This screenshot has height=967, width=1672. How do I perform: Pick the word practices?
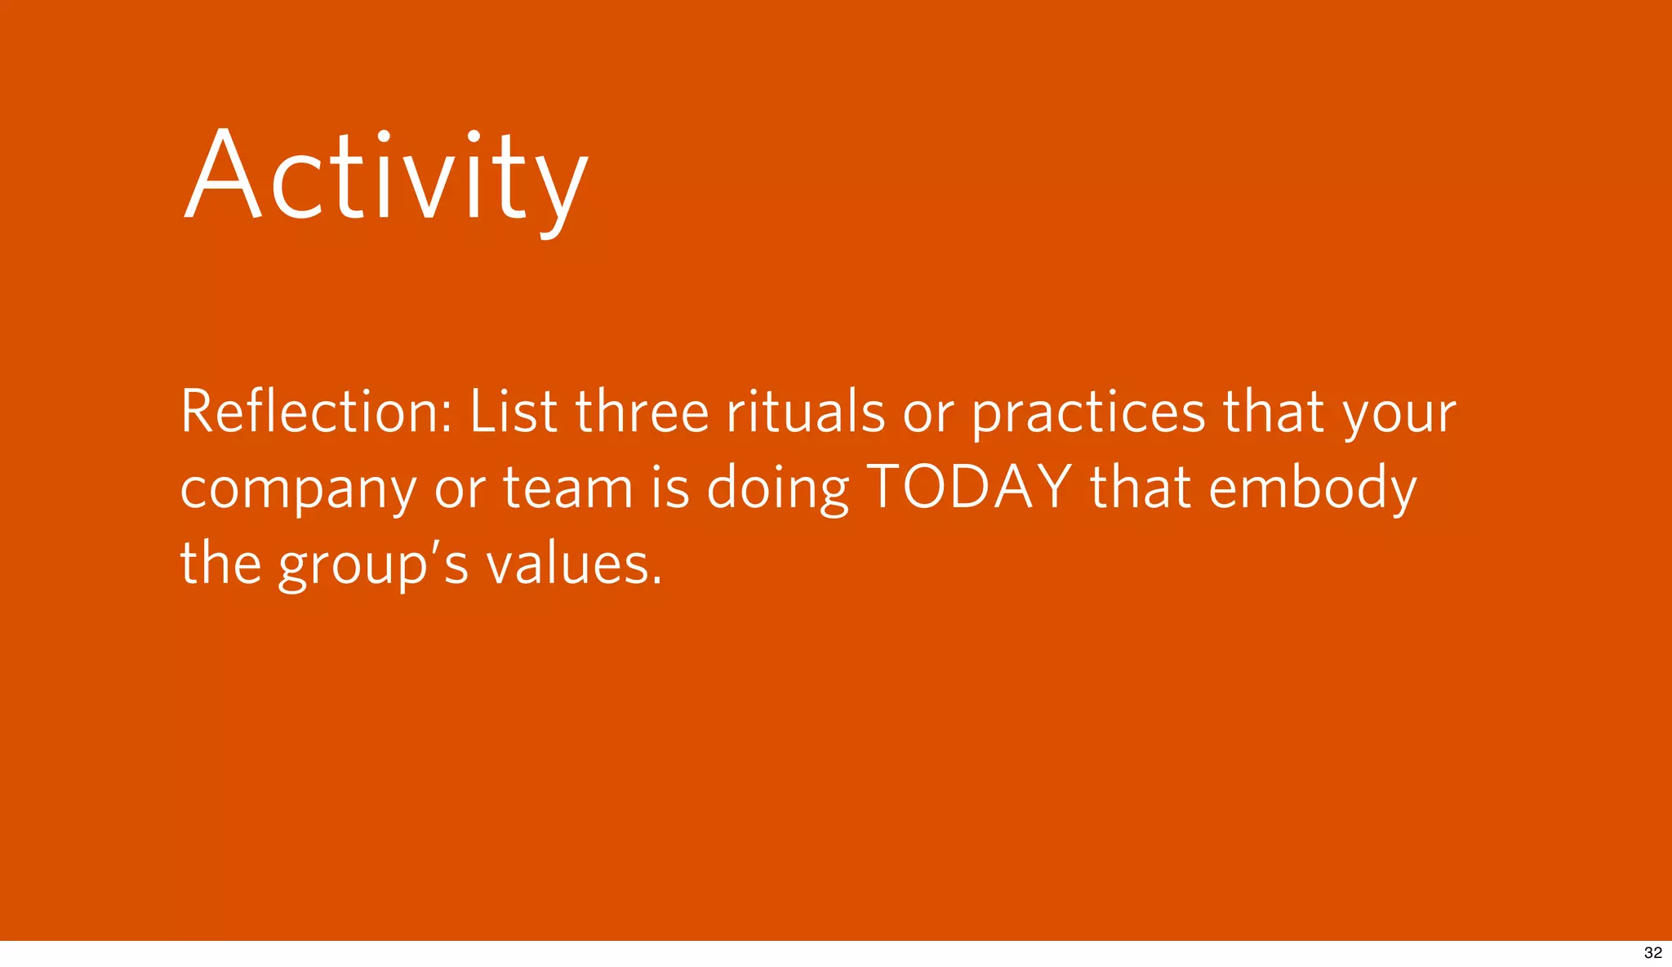1087,412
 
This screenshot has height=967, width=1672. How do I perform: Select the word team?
567,488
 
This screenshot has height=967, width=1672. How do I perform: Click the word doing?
777,488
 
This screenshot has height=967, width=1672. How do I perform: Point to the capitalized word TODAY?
969,487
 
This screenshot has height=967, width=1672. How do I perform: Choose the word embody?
1312,488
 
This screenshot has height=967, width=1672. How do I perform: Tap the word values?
567,564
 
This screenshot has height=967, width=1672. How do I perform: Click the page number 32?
1652,953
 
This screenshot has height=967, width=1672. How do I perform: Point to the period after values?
657,582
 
